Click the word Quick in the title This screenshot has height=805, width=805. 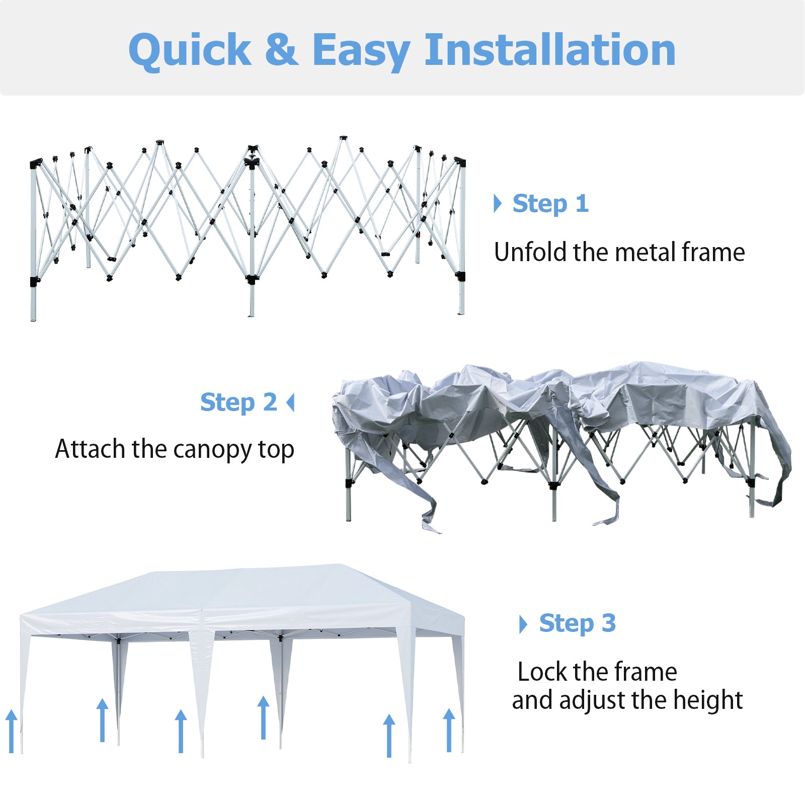pos(190,50)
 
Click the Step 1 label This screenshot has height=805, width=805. pos(550,204)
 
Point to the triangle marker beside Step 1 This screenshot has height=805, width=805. pos(498,203)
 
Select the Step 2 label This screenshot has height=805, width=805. pos(238,403)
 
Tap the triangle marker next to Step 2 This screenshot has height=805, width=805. pos(290,403)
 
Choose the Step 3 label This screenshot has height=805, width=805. pos(577,623)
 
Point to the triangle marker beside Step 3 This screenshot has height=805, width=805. pos(523,624)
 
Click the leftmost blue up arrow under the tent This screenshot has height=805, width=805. pos(11,731)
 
